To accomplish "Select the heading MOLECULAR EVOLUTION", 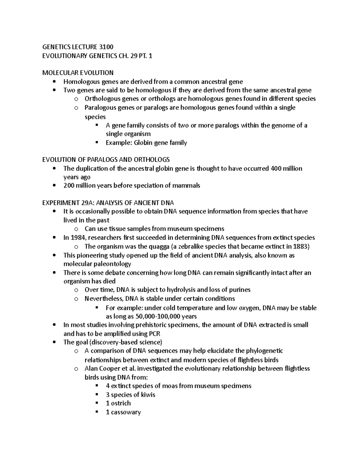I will pos(78,73).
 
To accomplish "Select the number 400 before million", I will pos(276,168).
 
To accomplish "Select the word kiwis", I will pos(147,395).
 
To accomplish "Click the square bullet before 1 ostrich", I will pos(97,403).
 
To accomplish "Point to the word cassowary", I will pos(126,412).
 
